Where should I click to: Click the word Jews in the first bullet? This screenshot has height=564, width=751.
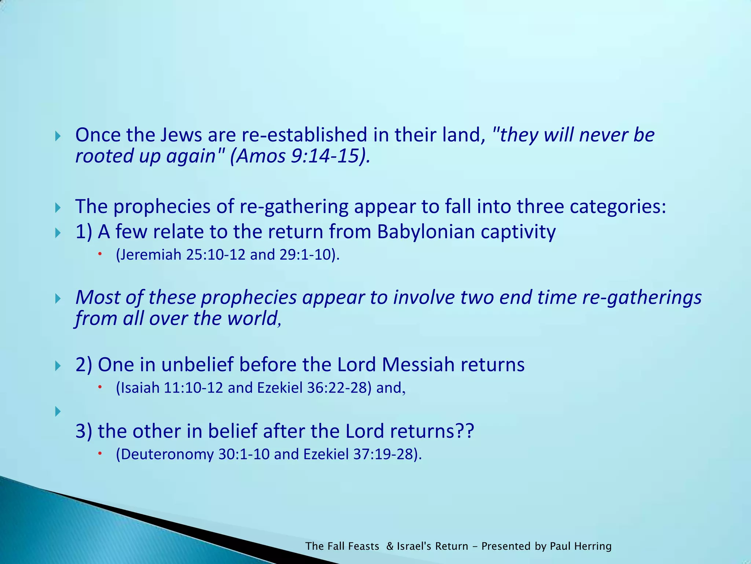(181, 135)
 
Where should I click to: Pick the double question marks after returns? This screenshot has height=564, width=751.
(464, 431)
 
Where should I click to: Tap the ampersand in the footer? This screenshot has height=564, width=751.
(390, 546)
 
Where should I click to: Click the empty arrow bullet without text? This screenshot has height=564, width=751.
(58, 412)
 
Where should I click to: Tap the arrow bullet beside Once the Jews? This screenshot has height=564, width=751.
(58, 137)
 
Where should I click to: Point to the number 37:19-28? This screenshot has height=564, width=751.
(384, 454)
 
